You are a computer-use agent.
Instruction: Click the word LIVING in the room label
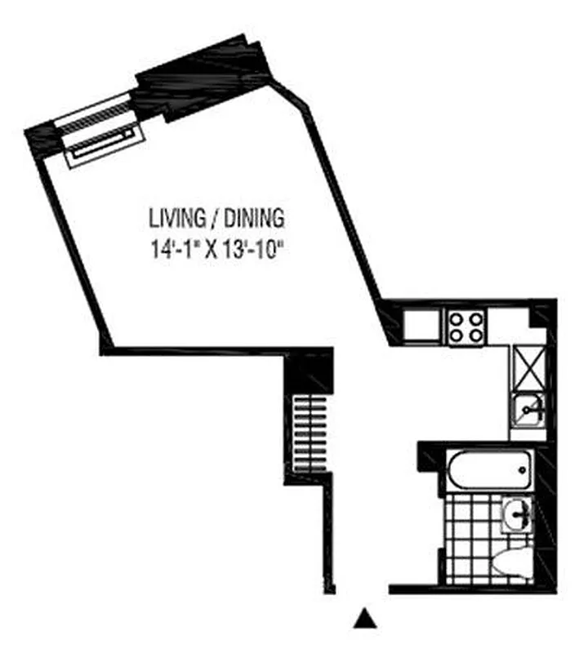(x=175, y=219)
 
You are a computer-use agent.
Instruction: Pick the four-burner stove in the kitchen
(x=466, y=326)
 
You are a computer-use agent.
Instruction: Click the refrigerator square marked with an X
(x=528, y=366)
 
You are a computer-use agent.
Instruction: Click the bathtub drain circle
(x=522, y=470)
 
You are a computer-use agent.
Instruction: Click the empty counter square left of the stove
(x=422, y=326)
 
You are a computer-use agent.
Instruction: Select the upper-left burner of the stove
(x=458, y=319)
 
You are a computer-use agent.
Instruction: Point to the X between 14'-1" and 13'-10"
(x=210, y=250)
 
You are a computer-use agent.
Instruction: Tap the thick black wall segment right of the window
(x=204, y=78)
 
